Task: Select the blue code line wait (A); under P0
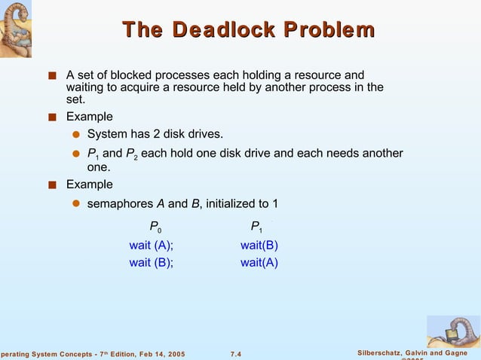(151, 246)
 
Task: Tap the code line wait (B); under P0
(151, 263)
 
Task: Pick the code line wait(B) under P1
(259, 246)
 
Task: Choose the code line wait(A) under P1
(259, 263)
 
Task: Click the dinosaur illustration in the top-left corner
(21, 29)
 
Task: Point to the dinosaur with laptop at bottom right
(452, 331)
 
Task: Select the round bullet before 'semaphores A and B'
(76, 204)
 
